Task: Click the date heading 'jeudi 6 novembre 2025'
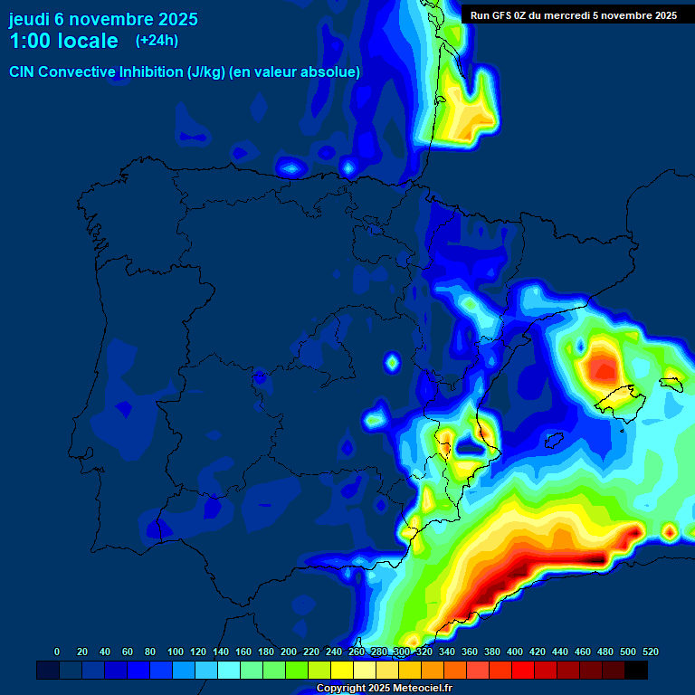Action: [x=103, y=19]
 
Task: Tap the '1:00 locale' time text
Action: [x=63, y=41]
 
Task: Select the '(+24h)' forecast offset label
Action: [x=157, y=41]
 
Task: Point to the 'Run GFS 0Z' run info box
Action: [x=573, y=14]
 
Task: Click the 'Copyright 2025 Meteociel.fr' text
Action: [x=384, y=689]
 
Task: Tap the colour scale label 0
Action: [x=57, y=652]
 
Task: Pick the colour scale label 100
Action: [x=175, y=652]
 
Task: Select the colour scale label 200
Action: [x=289, y=652]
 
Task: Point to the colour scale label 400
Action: [x=515, y=652]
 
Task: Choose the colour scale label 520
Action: [x=650, y=652]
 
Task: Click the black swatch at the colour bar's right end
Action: [x=636, y=670]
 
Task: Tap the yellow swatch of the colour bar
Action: [x=342, y=670]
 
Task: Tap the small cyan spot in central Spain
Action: [x=392, y=363]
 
